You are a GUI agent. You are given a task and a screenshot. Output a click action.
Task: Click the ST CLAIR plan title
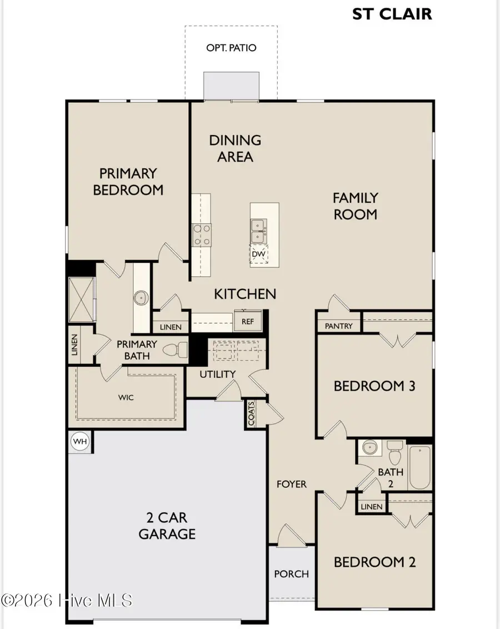[x=392, y=14]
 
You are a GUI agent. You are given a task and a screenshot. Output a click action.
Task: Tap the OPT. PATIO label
[x=231, y=48]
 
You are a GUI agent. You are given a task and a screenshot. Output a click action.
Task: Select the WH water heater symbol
[x=80, y=442]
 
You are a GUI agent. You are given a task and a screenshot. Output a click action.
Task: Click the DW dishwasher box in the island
[x=259, y=254]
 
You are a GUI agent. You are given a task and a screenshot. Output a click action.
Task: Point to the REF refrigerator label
[x=248, y=321]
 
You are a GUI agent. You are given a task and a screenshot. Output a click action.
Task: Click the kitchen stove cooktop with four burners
[x=202, y=235]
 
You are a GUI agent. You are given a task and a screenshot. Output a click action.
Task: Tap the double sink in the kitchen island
[x=258, y=231]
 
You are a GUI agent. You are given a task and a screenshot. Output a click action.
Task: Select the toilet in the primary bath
[x=176, y=350]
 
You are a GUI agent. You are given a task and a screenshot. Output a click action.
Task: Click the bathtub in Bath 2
[x=420, y=467]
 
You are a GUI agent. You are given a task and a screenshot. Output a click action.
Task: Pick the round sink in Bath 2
[x=369, y=447]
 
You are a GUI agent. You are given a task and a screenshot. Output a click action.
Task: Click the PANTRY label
[x=338, y=326]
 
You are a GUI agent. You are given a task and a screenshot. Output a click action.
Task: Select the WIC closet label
[x=126, y=397]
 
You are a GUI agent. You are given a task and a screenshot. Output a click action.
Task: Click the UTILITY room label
[x=217, y=375]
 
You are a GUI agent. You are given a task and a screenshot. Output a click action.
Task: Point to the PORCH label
[x=292, y=574]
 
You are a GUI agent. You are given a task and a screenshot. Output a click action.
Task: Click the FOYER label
[x=292, y=484]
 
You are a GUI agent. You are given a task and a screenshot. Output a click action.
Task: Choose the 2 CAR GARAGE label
[x=167, y=526]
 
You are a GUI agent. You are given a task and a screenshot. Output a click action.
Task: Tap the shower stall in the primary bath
[x=82, y=299]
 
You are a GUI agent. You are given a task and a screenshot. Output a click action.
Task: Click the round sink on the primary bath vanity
[x=141, y=298]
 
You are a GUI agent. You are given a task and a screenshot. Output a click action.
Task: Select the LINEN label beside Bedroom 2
[x=371, y=507]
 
